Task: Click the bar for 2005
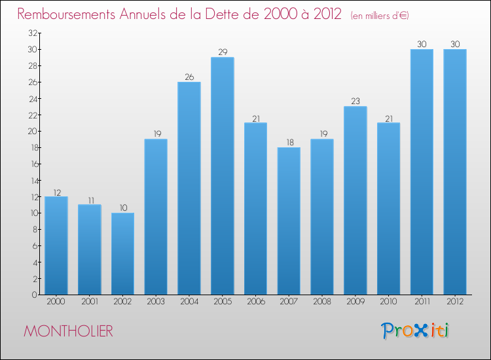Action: (223, 176)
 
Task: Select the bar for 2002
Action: (123, 253)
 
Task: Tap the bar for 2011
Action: (422, 171)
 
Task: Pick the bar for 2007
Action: (289, 221)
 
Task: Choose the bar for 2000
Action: (56, 245)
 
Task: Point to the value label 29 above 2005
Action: (223, 52)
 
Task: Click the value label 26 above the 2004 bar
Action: (189, 77)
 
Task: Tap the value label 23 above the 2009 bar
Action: (355, 101)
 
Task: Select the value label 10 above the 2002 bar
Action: (123, 207)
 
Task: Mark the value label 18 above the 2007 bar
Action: (289, 142)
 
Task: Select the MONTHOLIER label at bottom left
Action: (68, 332)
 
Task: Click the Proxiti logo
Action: (416, 331)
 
